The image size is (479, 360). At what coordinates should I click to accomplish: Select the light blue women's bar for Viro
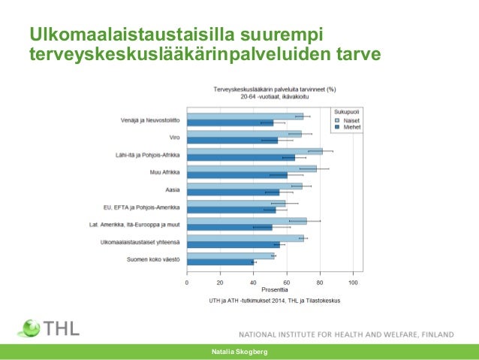click(243, 134)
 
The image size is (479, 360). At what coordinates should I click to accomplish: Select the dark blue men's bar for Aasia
click(233, 192)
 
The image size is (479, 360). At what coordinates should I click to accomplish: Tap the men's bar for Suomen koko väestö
click(221, 262)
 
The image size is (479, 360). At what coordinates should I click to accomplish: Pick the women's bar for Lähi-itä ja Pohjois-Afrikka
click(254, 151)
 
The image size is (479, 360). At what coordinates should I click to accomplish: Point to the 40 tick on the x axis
click(253, 283)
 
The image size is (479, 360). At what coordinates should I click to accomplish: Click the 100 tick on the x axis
click(353, 283)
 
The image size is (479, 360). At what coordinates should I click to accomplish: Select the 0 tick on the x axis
click(187, 283)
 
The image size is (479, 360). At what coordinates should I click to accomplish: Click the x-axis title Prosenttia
click(275, 290)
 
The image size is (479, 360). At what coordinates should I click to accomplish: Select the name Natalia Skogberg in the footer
click(239, 352)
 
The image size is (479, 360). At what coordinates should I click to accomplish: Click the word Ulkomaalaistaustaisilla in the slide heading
click(132, 35)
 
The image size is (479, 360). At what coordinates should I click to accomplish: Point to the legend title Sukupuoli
click(346, 111)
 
